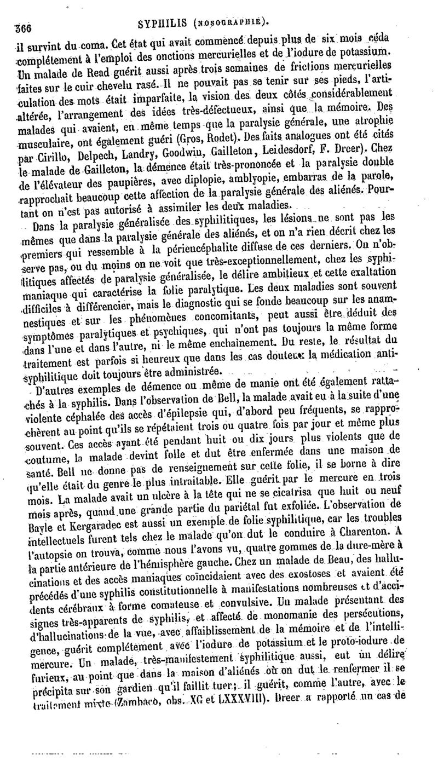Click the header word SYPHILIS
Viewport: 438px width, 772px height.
click(164, 22)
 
